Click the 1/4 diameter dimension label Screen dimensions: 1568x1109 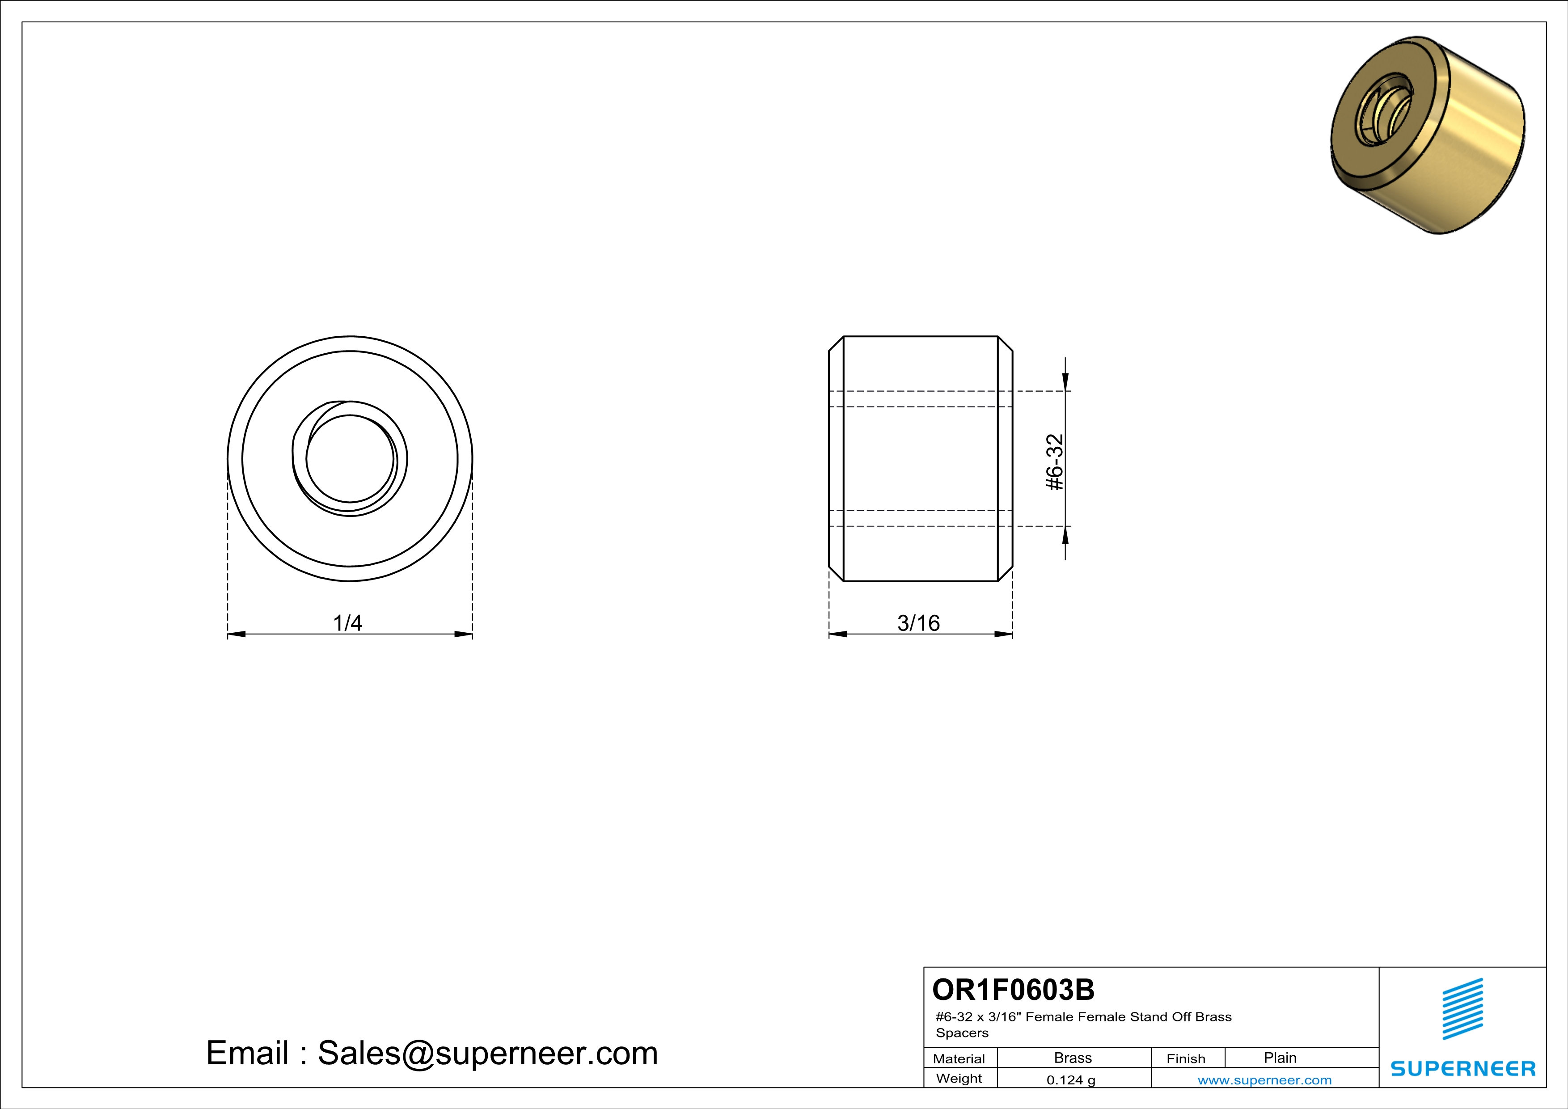347,623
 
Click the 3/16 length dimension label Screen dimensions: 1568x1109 918,623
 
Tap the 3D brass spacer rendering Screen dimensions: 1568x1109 1427,135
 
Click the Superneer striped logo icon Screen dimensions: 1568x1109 1462,1009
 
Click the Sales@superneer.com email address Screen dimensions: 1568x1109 488,1053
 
